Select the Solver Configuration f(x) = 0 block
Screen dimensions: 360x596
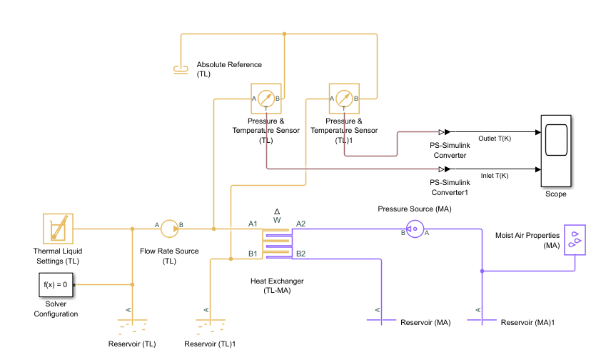pyautogui.click(x=56, y=284)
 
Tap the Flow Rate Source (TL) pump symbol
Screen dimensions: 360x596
pyautogui.click(x=169, y=229)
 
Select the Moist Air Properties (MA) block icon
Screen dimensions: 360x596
pyautogui.click(x=575, y=239)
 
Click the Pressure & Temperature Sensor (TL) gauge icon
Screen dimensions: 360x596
pyautogui.click(x=266, y=98)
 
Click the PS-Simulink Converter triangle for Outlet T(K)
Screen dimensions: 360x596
pyautogui.click(x=443, y=132)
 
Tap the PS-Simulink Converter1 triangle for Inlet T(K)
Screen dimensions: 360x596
pyautogui.click(x=443, y=169)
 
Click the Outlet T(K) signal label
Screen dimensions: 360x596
pyautogui.click(x=493, y=139)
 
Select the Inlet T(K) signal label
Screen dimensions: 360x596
pyautogui.click(x=494, y=176)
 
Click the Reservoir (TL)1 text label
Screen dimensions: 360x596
pyautogui.click(x=210, y=344)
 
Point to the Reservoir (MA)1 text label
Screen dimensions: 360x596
pyautogui.click(x=527, y=323)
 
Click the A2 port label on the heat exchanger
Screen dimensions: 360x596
pyautogui.click(x=300, y=224)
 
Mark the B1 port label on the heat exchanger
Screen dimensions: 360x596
pyautogui.click(x=253, y=254)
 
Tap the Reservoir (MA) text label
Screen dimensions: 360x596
pyautogui.click(x=425, y=323)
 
